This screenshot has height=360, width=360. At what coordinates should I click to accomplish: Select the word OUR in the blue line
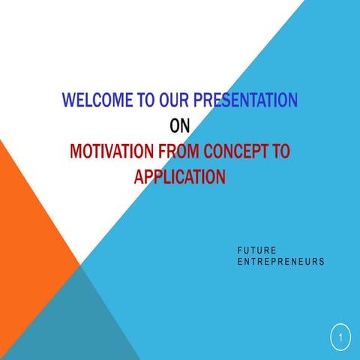(x=175, y=100)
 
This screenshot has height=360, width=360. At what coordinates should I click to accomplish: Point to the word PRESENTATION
(x=245, y=100)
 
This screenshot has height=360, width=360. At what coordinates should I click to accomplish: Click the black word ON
(x=180, y=125)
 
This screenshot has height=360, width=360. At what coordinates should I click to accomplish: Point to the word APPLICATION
(x=180, y=177)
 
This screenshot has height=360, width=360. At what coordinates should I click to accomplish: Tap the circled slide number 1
(x=340, y=338)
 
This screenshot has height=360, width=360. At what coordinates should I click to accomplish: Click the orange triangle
(x=30, y=225)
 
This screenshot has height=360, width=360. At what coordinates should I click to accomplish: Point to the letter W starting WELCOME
(x=69, y=100)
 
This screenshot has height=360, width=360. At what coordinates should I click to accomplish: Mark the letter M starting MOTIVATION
(x=75, y=151)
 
